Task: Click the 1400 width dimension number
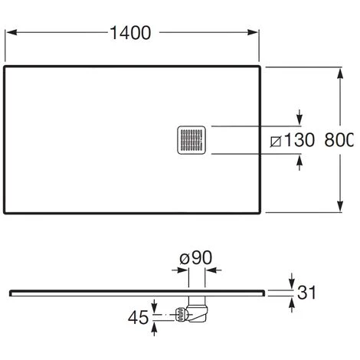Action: pyautogui.click(x=130, y=33)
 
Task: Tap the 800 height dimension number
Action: pyautogui.click(x=339, y=140)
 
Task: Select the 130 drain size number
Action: pyautogui.click(x=299, y=140)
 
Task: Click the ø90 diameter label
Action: pyautogui.click(x=196, y=257)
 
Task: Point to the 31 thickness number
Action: pyautogui.click(x=306, y=293)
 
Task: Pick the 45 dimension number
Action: pyautogui.click(x=138, y=318)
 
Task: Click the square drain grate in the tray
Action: pyautogui.click(x=191, y=140)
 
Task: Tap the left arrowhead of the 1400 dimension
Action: pyautogui.click(x=11, y=32)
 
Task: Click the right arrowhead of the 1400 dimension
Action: pyautogui.click(x=253, y=32)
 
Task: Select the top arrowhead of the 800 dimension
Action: pyautogui.click(x=340, y=74)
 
